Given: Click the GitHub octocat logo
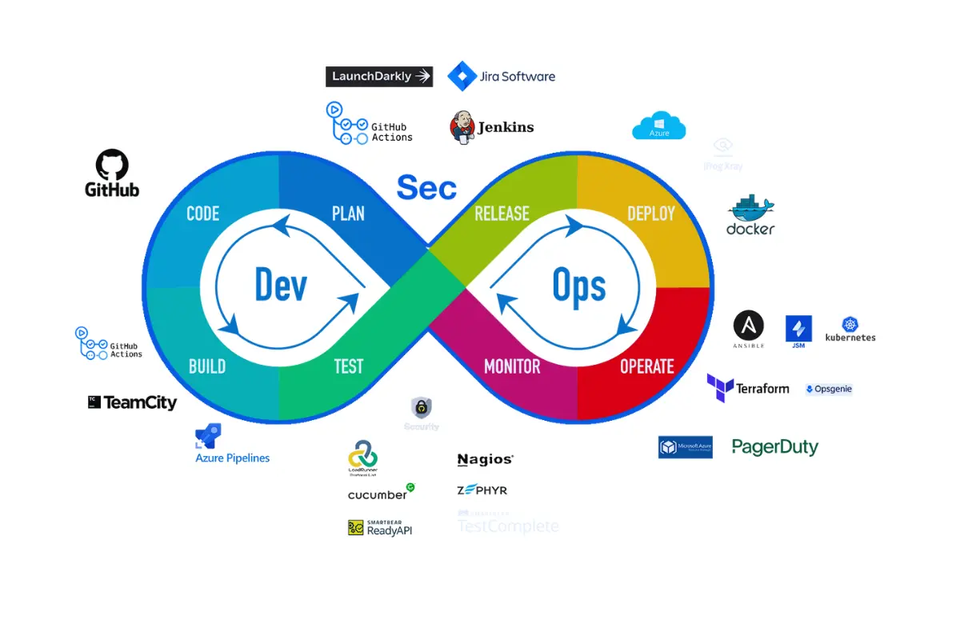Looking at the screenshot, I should [112, 165].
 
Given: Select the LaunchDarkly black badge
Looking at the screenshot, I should [379, 77].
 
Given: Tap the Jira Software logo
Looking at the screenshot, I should [502, 77].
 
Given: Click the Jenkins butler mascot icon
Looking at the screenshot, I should [462, 126].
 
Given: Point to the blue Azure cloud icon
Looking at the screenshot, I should [658, 126].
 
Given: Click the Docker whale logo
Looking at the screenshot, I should [750, 210].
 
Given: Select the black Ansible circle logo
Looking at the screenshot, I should [749, 326].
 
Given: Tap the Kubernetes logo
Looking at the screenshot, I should [850, 329].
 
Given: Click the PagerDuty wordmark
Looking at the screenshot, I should [775, 447].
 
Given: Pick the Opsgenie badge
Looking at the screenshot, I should [829, 389].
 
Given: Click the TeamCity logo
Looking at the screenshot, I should [133, 402].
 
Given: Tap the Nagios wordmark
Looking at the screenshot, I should [485, 459].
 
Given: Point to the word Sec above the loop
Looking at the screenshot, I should [426, 188].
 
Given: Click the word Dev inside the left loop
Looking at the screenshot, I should [281, 285].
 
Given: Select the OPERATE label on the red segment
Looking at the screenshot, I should [647, 366].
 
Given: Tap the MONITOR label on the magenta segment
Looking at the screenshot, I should [512, 366].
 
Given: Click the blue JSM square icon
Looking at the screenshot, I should [798, 329].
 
